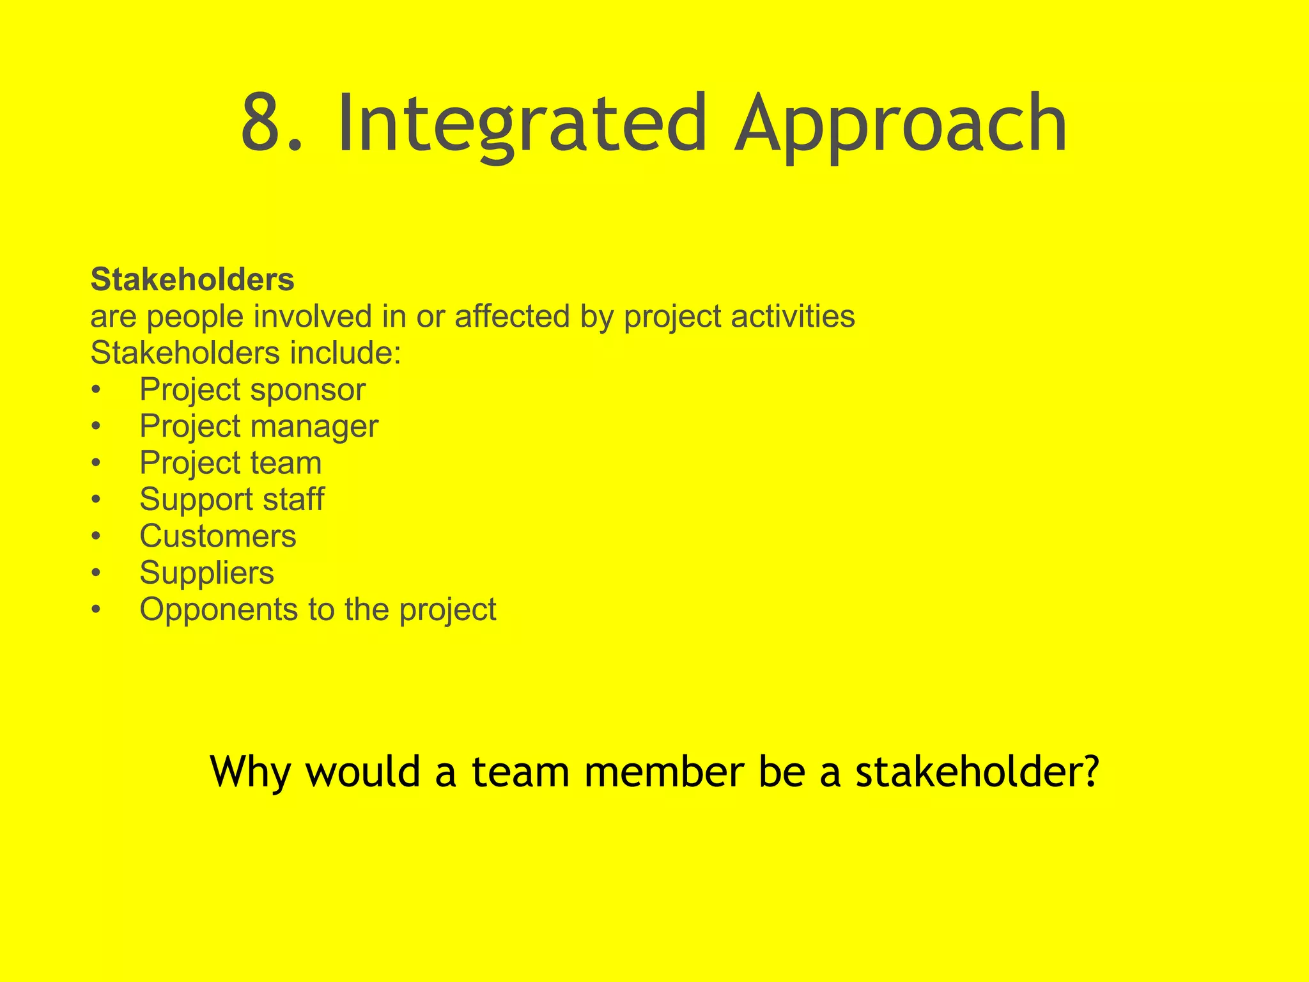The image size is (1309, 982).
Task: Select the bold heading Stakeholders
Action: pos(192,279)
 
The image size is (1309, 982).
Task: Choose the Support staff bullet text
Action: pos(231,499)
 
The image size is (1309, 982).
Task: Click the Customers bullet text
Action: pos(218,536)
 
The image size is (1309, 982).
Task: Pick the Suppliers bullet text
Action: pos(206,573)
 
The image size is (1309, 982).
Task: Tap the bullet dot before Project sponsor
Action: pos(96,390)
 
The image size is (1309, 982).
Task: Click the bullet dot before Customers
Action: pos(96,536)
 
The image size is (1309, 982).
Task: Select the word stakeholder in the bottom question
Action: pos(969,771)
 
